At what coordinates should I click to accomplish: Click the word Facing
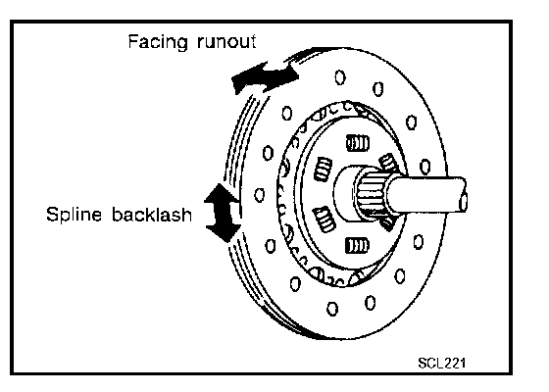(158, 42)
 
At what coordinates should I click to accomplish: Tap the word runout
(226, 41)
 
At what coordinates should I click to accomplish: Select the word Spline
(74, 215)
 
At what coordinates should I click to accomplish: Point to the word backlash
(152, 214)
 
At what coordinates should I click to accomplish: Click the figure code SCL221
(442, 363)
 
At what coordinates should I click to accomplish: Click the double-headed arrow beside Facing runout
(265, 77)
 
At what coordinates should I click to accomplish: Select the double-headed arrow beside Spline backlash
(223, 213)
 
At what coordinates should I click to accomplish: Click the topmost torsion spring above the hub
(358, 143)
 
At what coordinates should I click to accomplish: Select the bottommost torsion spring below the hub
(357, 245)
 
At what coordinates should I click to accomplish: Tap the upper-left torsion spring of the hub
(323, 169)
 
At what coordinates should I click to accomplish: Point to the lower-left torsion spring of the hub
(324, 220)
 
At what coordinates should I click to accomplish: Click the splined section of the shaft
(372, 194)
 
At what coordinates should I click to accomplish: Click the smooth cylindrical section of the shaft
(425, 195)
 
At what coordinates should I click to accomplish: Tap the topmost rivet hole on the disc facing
(339, 77)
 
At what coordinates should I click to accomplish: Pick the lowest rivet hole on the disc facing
(332, 309)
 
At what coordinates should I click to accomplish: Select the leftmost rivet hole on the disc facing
(260, 195)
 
